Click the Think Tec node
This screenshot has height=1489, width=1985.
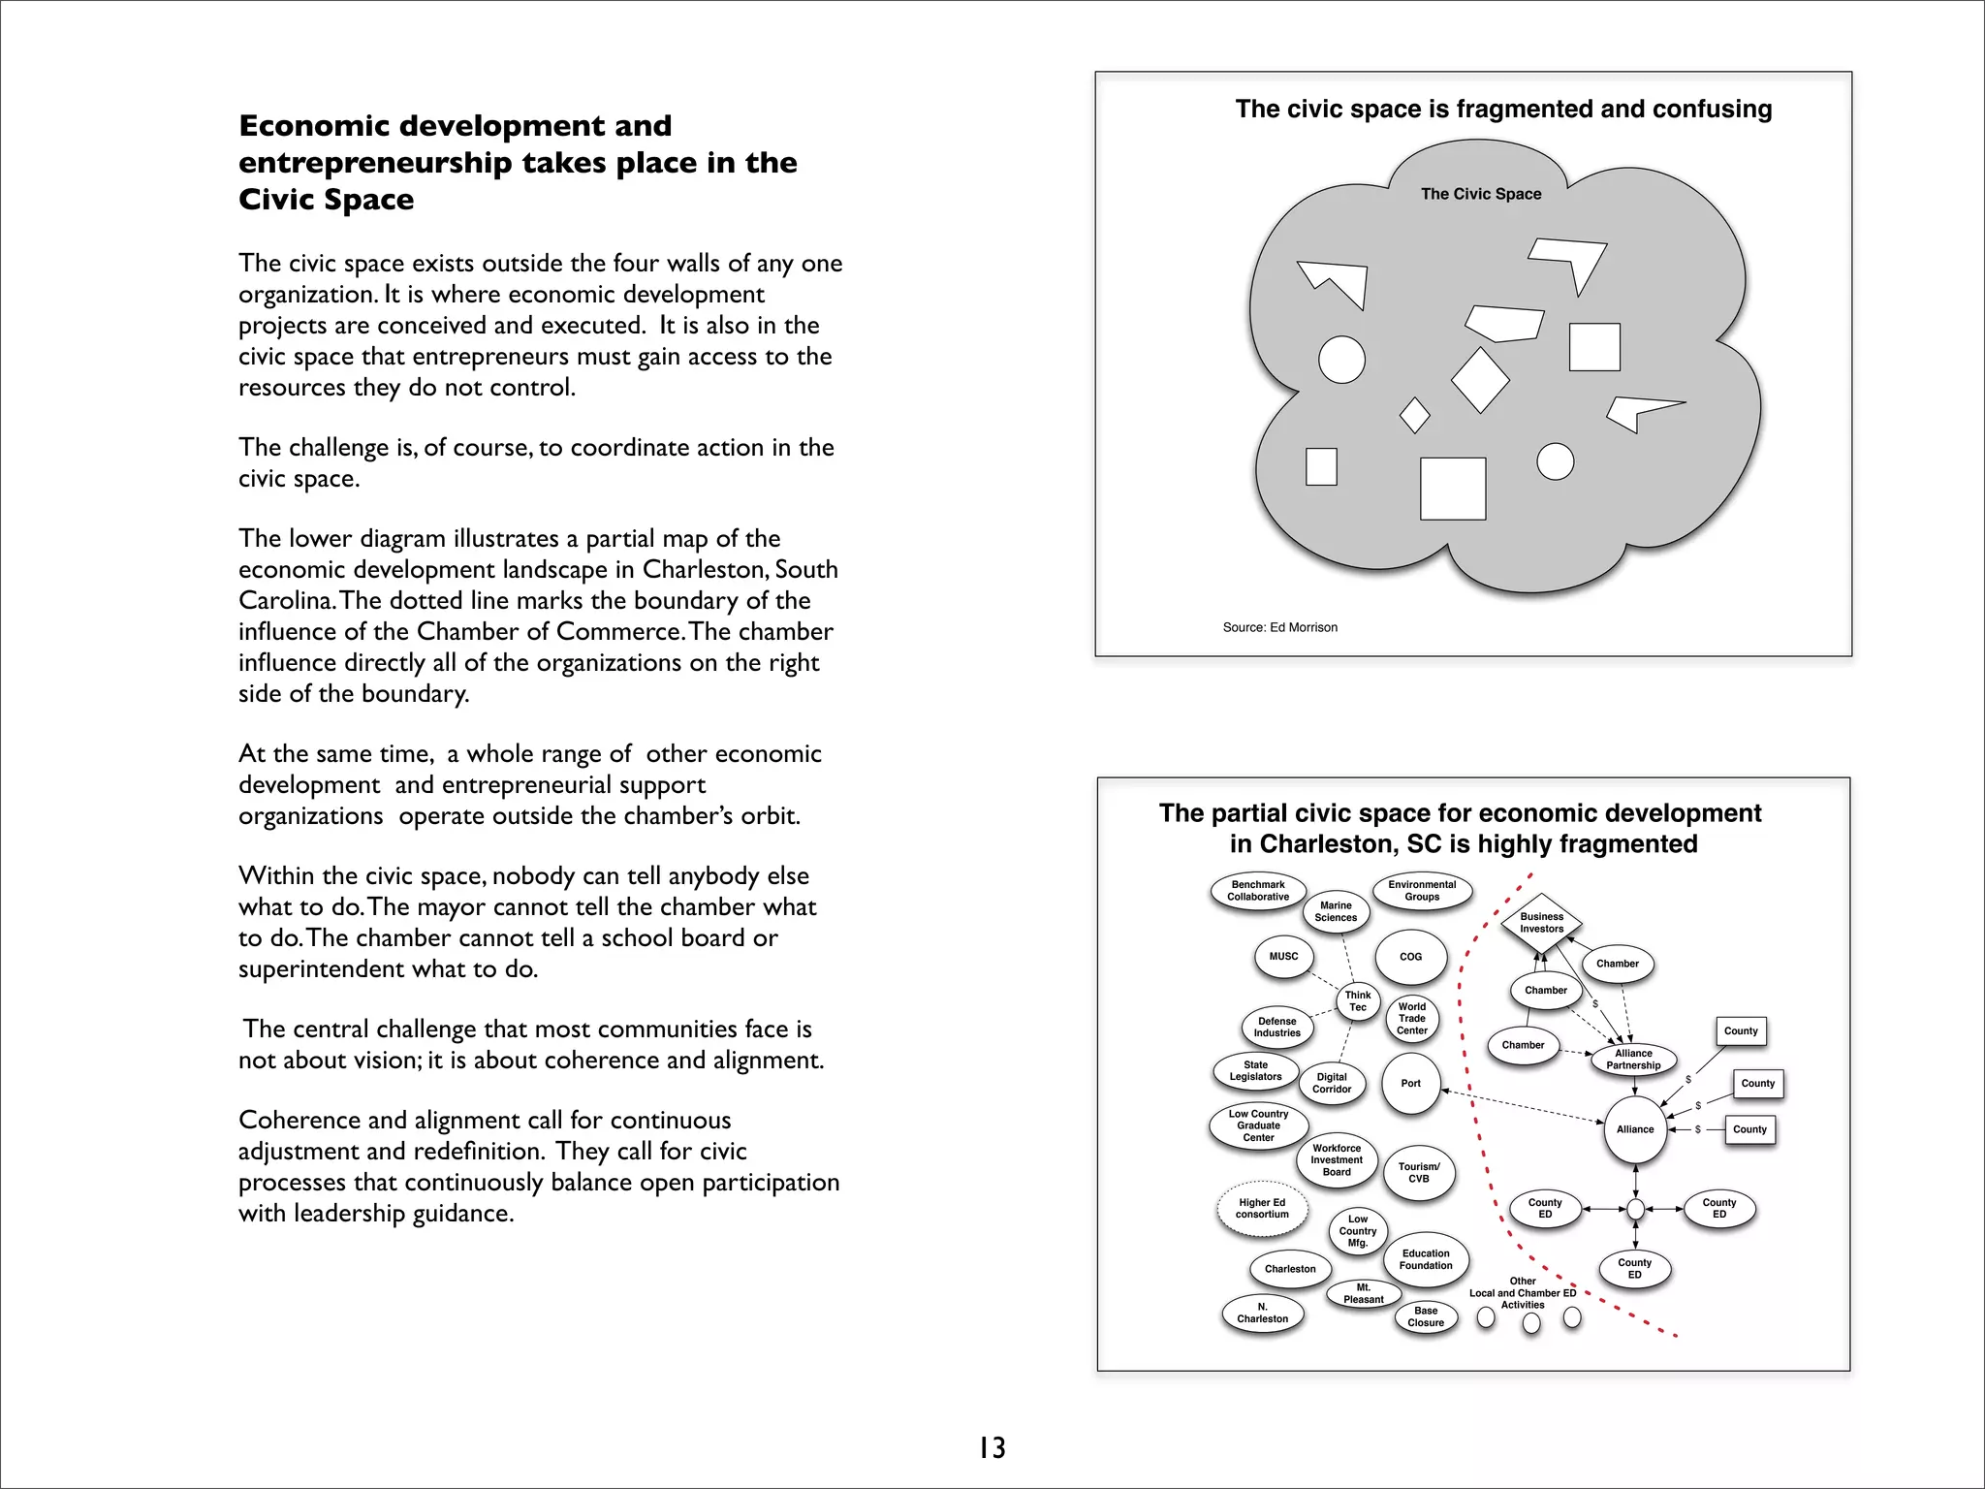[1358, 1001]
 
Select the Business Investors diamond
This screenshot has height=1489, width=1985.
[1541, 923]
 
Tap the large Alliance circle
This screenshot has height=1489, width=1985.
[1635, 1129]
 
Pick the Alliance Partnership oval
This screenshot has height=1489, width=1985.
[1633, 1060]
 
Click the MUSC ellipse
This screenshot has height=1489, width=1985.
[1283, 957]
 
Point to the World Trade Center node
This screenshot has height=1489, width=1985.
[1412, 1019]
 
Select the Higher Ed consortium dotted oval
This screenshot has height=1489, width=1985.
[1262, 1209]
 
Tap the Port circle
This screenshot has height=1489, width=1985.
[1411, 1084]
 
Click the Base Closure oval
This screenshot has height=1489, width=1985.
[1426, 1317]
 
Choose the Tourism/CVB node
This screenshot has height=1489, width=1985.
[1419, 1173]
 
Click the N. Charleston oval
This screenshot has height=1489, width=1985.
[1263, 1314]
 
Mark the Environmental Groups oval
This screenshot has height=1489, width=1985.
[1422, 891]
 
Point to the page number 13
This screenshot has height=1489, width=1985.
[992, 1447]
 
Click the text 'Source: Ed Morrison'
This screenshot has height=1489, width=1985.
[1279, 627]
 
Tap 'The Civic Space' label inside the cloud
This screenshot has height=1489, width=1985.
[1480, 194]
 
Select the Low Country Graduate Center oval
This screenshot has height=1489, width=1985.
[1259, 1125]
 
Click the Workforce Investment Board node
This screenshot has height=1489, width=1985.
[1337, 1160]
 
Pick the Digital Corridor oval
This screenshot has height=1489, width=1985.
[1332, 1084]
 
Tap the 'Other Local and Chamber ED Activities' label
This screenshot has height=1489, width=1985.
[1523, 1293]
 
